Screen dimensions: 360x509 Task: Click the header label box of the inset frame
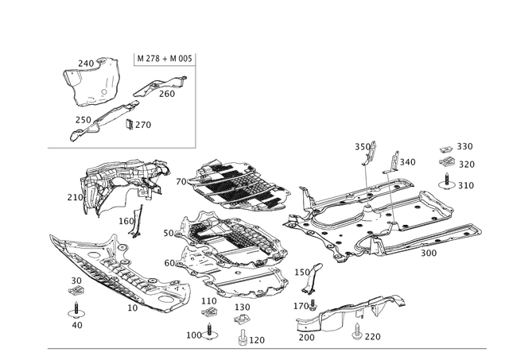tap(164, 58)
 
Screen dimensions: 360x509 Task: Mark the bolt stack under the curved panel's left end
tap(77, 294)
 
